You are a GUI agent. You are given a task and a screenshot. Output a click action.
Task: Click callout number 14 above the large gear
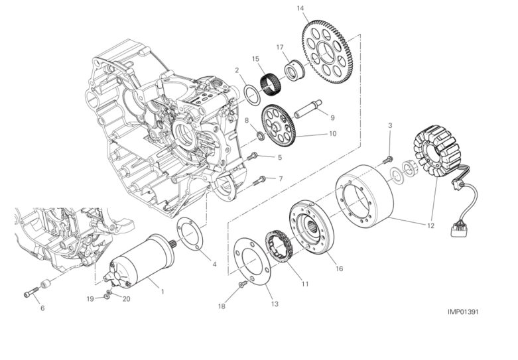(x=300, y=9)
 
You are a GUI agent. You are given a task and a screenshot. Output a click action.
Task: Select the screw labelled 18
(x=243, y=284)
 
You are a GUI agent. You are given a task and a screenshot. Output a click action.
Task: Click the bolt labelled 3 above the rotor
(x=389, y=158)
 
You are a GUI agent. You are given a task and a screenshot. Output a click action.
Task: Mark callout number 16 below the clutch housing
(x=340, y=269)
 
